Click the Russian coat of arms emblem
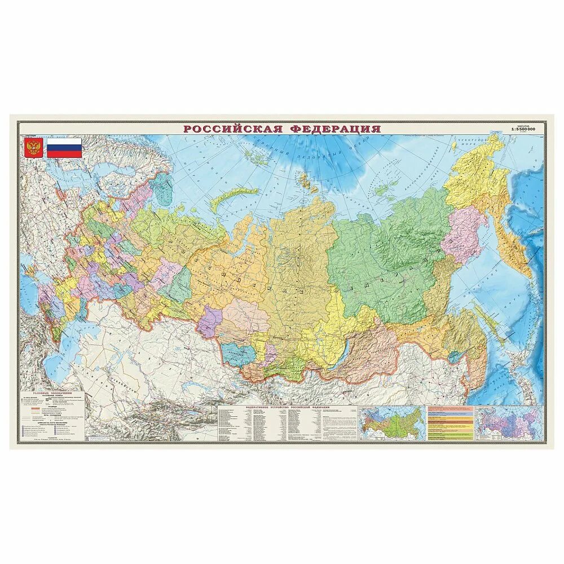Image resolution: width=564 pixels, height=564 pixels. tap(33, 148)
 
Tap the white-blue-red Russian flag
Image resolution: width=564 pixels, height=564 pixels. tap(64, 148)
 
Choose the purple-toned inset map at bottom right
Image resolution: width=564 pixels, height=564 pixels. tap(510, 422)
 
